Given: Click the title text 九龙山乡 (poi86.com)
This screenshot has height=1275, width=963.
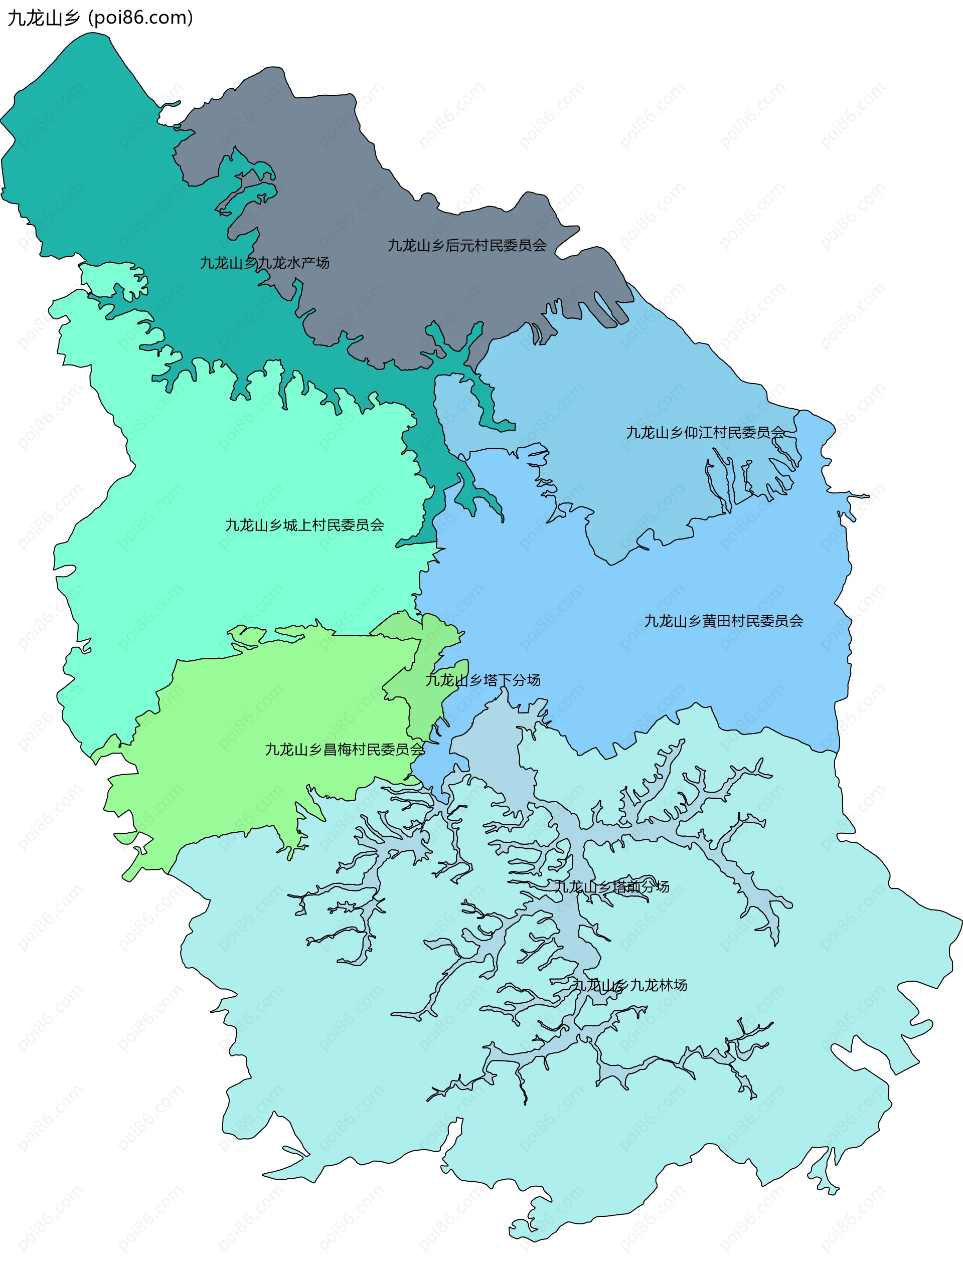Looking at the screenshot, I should (100, 18).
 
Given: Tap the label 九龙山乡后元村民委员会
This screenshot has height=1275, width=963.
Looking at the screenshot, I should (466, 246).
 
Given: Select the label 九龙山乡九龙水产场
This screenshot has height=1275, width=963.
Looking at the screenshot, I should (264, 263).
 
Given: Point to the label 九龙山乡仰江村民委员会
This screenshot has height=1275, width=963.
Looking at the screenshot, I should (705, 432).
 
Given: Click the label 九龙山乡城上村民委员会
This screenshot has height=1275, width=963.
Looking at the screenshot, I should (304, 525).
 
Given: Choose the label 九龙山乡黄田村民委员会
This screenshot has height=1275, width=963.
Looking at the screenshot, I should (723, 621).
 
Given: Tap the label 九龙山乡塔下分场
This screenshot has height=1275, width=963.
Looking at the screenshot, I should (483, 680).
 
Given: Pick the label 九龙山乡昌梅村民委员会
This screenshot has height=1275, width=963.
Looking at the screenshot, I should (344, 750).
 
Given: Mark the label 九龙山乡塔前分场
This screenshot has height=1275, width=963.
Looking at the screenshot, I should (611, 886).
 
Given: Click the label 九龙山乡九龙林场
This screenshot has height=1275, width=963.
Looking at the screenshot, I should (629, 985).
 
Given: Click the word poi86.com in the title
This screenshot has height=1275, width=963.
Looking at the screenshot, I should (141, 18).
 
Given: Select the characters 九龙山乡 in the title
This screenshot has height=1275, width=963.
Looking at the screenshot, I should (44, 18).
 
